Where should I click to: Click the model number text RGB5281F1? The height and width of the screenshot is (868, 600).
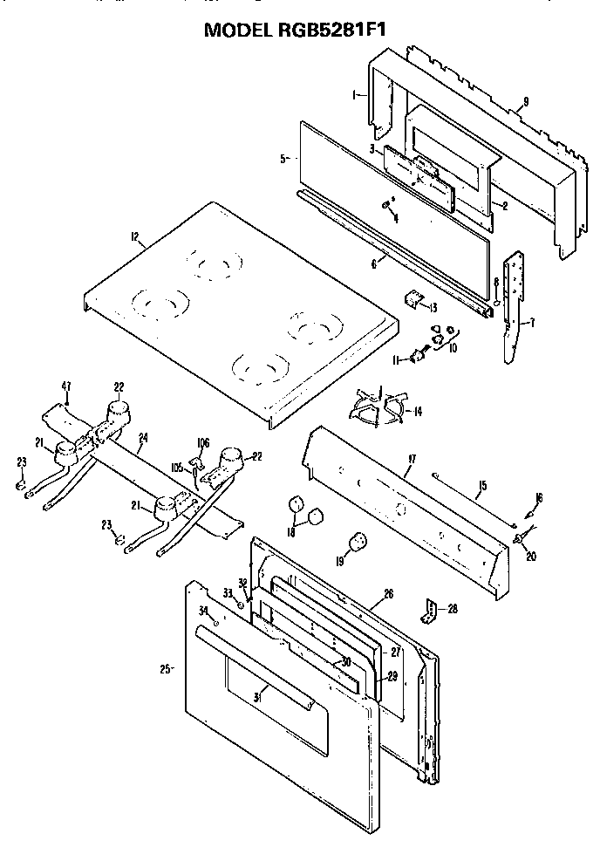pos(333,29)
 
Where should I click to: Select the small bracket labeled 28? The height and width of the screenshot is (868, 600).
pos(429,611)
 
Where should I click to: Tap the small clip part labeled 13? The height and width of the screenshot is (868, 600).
pos(410,299)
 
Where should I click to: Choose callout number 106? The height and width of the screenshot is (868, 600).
pos(204,442)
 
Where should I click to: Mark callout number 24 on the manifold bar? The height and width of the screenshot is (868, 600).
pos(143,438)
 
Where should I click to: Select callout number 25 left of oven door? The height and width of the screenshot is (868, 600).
pos(163,669)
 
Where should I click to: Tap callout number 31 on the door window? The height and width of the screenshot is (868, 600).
pos(258,695)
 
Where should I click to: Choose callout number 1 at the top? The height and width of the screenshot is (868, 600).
pos(356,94)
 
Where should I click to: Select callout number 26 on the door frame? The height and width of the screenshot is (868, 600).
pos(388,593)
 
